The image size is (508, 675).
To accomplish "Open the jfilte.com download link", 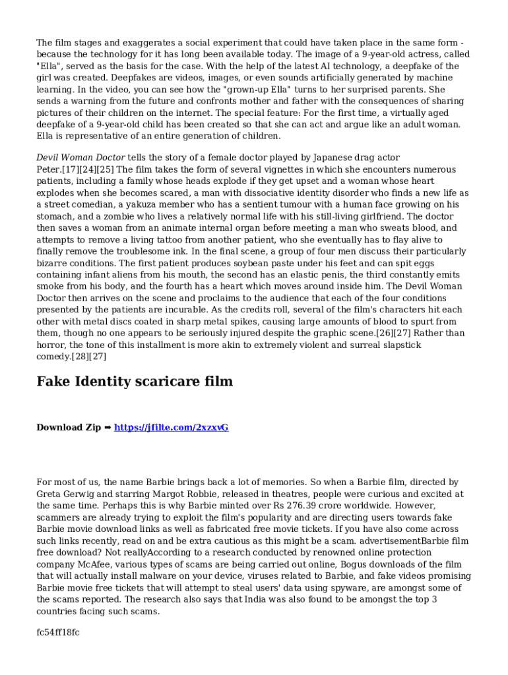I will pos(171,427).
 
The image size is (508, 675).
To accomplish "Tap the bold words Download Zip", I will pos(69,427).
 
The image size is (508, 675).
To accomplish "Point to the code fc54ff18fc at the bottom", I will pos(58,633).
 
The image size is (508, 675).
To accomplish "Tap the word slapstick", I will pos(400,345).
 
